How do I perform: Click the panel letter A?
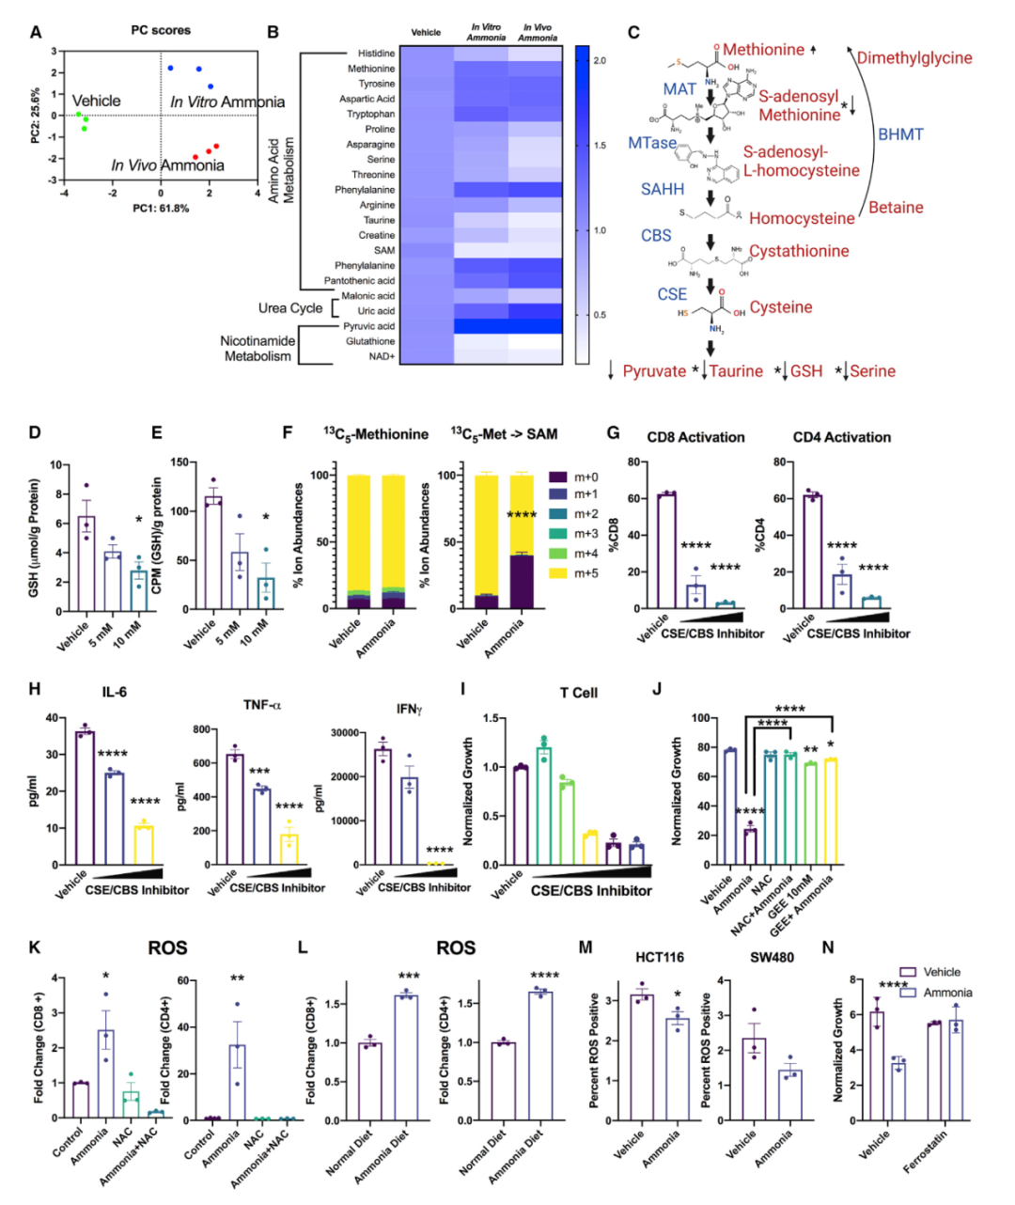tap(36, 32)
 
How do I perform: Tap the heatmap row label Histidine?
tap(376, 54)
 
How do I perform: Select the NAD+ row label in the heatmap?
tap(382, 356)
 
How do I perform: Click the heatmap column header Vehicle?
tap(426, 33)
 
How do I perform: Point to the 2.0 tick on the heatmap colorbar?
tap(600, 60)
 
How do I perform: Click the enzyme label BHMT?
tap(900, 134)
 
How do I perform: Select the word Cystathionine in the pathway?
tap(799, 251)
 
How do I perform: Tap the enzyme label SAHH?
tap(663, 189)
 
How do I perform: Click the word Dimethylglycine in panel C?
tap(914, 58)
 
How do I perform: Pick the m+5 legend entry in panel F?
tap(586, 572)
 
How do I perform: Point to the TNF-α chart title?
tap(261, 705)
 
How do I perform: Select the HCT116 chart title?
tap(660, 957)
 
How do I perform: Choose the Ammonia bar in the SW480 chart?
tap(791, 1095)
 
